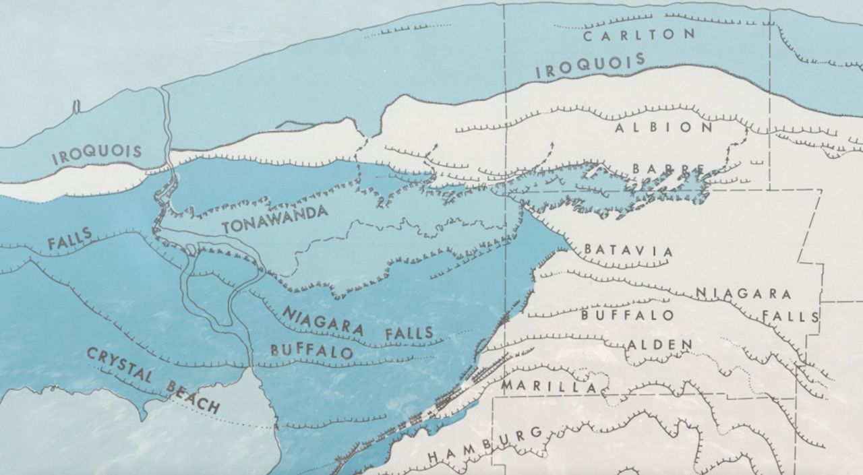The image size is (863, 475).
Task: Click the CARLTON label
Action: point(638,35)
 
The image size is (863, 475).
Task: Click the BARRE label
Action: point(669,168)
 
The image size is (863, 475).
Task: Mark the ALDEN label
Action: point(659,344)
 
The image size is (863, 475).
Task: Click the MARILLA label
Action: point(549,387)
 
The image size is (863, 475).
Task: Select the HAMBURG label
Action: point(485,445)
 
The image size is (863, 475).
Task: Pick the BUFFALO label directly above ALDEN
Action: point(627,315)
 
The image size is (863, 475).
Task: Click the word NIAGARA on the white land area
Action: point(743,293)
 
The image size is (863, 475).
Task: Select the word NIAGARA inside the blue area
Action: point(323,321)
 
